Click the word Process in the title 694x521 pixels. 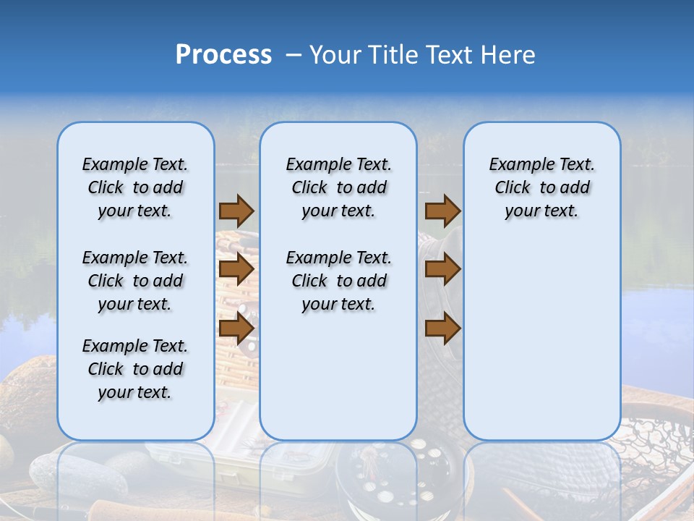223,55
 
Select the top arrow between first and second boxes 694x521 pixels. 236,211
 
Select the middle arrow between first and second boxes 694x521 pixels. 236,269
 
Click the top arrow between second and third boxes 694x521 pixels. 442,211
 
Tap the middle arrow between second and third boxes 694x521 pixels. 442,269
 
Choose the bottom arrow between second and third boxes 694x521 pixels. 442,329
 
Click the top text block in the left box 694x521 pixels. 134,187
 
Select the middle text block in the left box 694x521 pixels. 134,281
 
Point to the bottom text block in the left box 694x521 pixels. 134,369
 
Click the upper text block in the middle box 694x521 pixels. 338,187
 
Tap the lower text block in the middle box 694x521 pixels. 338,281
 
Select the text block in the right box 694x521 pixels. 541,187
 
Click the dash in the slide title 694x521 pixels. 294,56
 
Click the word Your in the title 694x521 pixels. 335,55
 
